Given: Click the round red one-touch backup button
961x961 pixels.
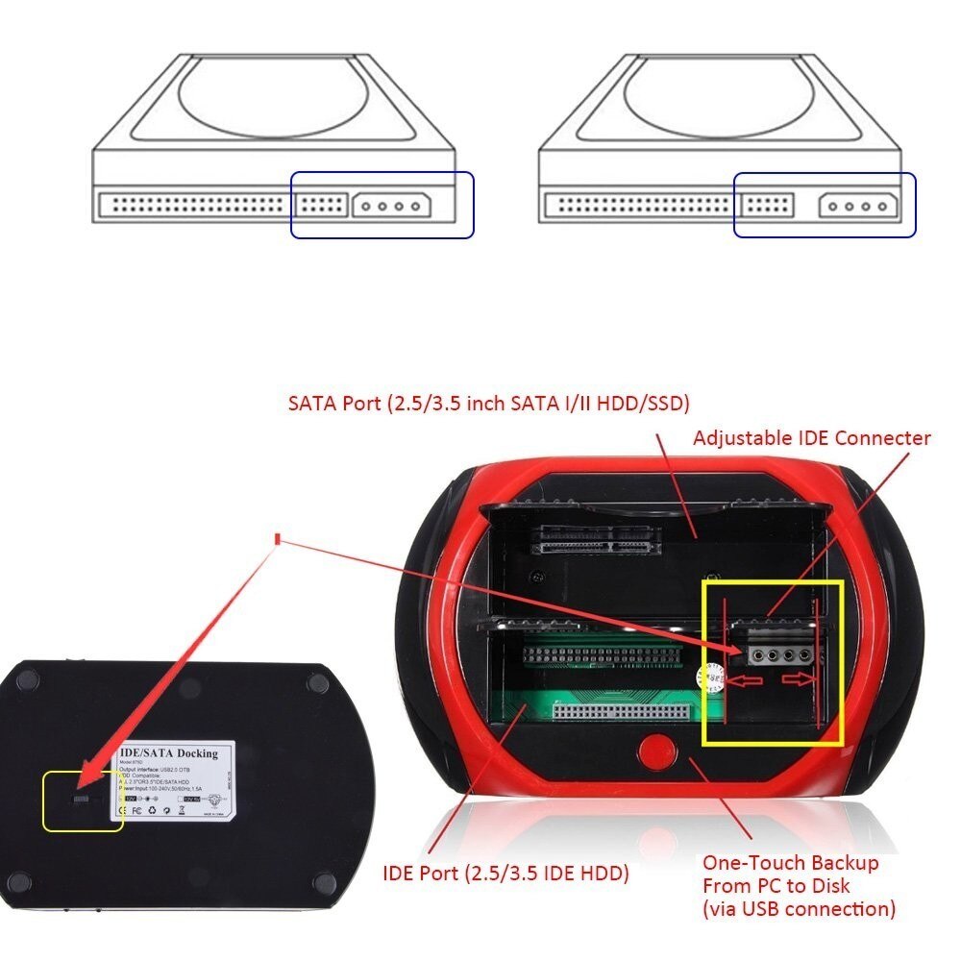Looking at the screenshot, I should pyautogui.click(x=657, y=752).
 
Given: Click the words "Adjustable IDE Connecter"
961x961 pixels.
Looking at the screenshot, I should pyautogui.click(x=812, y=438).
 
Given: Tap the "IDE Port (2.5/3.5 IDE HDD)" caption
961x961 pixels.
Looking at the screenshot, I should pyautogui.click(x=505, y=874).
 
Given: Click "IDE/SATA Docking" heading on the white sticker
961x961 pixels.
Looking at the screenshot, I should pyautogui.click(x=168, y=752).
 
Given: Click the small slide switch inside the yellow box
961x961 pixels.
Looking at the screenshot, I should pyautogui.click(x=83, y=801).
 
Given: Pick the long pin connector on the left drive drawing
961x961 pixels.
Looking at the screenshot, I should pyautogui.click(x=195, y=205).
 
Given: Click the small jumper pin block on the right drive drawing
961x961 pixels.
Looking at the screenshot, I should pyautogui.click(x=767, y=205).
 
